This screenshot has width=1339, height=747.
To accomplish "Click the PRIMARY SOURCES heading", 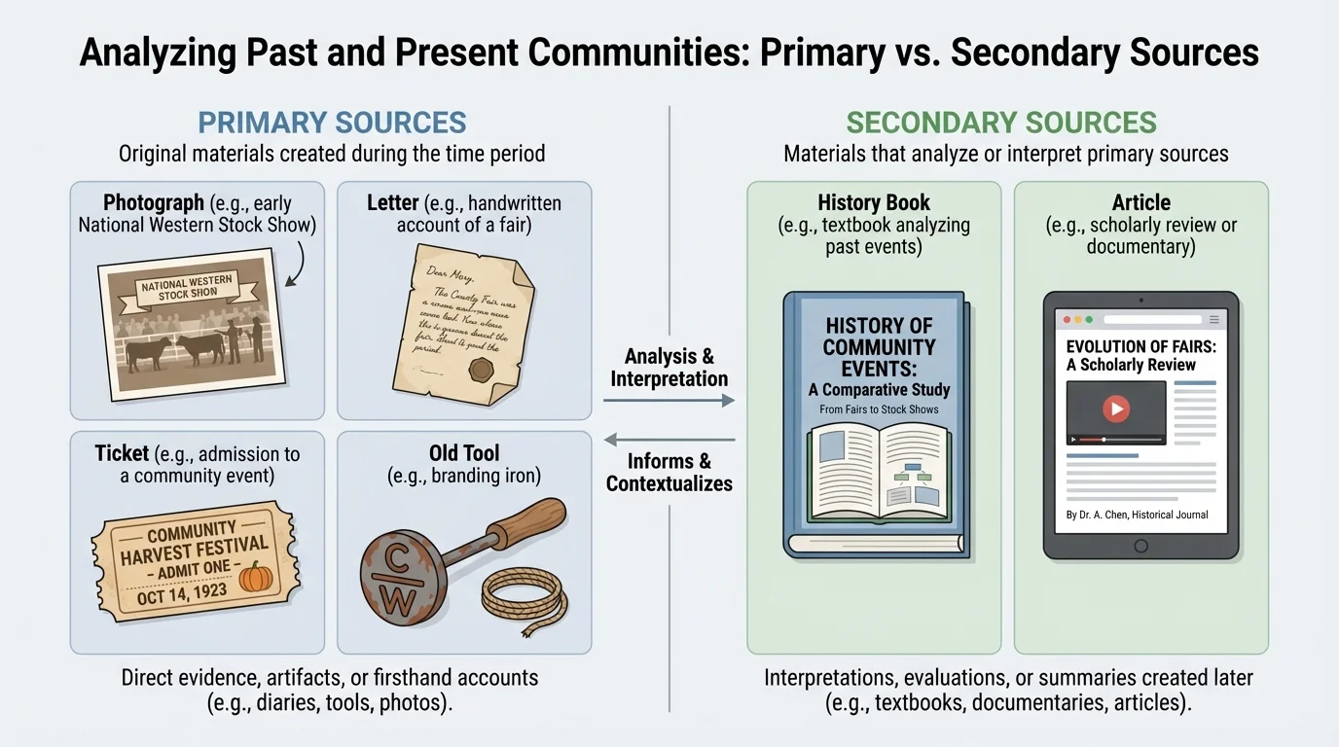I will point(332,123).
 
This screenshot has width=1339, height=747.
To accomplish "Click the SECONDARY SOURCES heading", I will point(1001,123).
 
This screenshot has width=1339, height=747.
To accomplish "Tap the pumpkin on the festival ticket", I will point(257,576).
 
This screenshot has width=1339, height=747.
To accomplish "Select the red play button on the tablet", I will point(1115,409).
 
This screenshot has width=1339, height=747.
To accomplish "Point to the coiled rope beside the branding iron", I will point(525,598).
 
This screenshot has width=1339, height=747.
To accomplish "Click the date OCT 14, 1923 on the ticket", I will point(182,592).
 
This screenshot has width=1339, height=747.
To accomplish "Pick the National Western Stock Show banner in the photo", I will point(188,287).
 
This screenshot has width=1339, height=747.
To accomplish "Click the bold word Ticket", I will point(122,453).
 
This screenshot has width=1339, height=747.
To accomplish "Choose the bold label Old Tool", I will point(464,453).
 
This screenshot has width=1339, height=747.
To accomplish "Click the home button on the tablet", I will point(1140,546).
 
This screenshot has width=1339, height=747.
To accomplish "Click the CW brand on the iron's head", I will point(397,584).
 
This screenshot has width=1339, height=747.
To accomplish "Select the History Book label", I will point(874,203).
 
